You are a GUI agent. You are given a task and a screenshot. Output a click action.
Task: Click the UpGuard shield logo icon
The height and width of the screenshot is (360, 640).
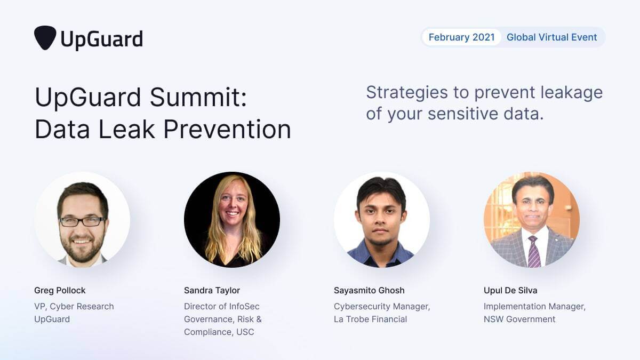point(45,38)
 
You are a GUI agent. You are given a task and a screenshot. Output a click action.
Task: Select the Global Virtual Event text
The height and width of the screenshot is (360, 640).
point(552,37)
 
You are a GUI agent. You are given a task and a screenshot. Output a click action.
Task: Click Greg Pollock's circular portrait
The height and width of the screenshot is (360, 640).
point(82,219)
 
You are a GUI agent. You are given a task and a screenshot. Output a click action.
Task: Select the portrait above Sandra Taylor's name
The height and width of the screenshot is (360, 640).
point(232,219)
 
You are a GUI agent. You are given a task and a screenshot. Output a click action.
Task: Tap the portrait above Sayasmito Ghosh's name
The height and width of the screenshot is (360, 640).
point(382,219)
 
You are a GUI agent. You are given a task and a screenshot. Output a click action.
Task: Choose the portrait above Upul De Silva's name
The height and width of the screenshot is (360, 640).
point(532,219)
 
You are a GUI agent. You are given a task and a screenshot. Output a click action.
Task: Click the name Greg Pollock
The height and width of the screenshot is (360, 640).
point(60,291)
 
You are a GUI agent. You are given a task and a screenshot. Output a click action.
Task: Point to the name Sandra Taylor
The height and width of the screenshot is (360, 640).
point(212,291)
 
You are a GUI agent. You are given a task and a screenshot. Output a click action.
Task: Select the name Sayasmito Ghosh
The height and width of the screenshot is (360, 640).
point(369,291)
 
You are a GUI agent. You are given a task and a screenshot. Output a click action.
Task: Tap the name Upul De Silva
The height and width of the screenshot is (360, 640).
point(510,291)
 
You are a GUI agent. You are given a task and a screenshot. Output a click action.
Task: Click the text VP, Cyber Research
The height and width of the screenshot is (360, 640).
point(74,307)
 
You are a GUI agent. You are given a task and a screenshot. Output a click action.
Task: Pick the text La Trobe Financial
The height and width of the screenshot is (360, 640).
point(370,319)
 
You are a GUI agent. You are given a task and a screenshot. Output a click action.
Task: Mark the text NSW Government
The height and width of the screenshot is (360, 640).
point(519,319)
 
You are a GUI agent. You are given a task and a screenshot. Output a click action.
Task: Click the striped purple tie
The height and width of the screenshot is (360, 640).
point(533,251)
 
